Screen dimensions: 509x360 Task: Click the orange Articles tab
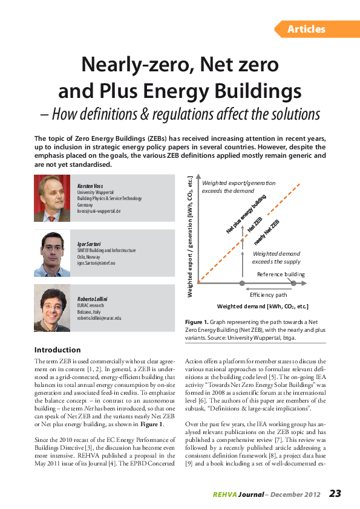coord(307,29)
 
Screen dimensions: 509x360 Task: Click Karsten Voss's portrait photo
coord(51,198)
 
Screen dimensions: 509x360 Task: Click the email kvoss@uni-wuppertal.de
coord(99,211)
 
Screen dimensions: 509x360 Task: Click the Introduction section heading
coord(57,349)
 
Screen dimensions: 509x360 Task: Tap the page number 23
coord(336,493)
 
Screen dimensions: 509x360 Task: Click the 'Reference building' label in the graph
coord(281,274)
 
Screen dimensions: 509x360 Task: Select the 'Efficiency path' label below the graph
coord(268,294)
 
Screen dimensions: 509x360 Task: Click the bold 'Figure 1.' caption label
coord(197,323)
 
